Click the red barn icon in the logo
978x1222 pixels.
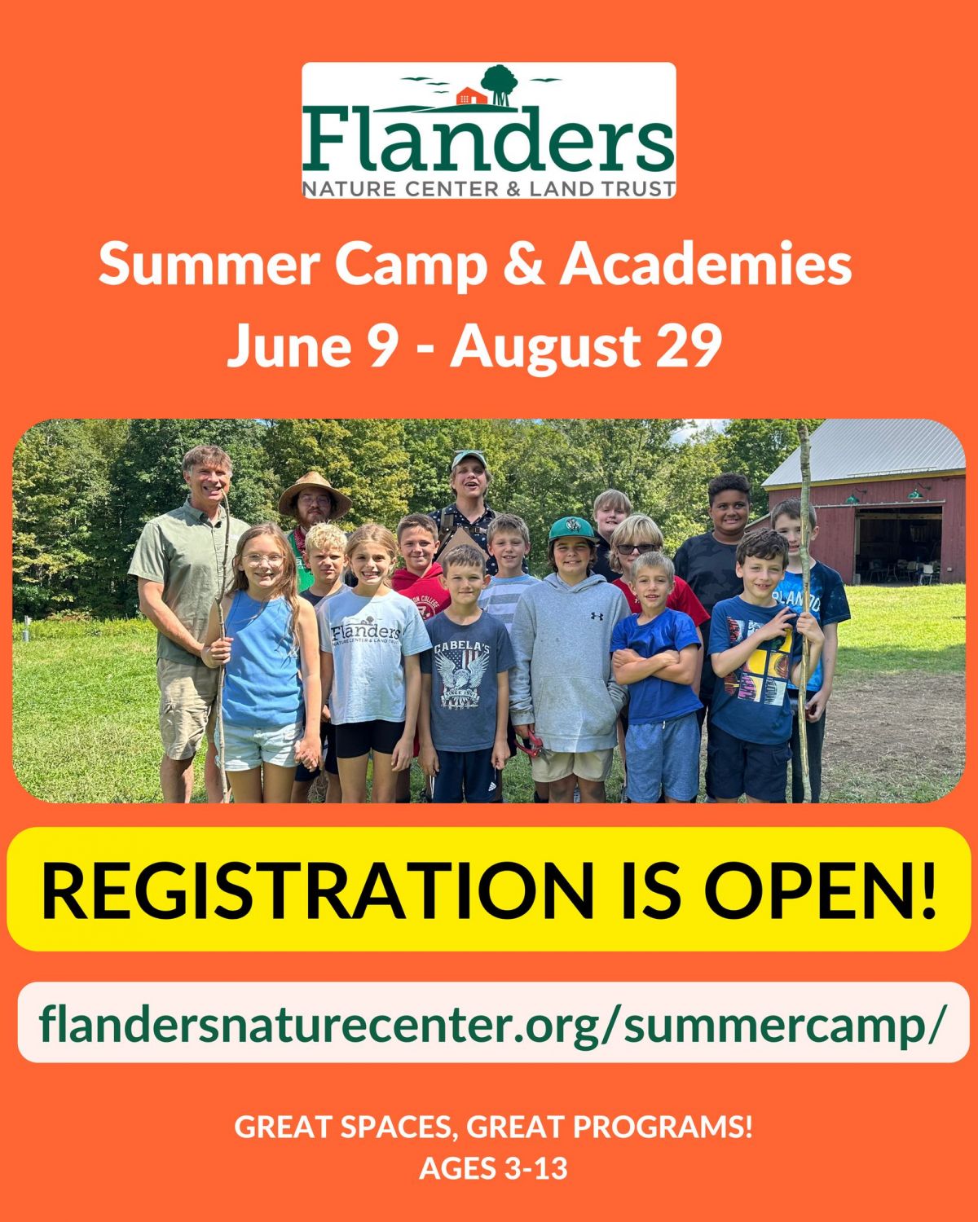(x=471, y=96)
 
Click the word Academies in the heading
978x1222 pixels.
(x=706, y=265)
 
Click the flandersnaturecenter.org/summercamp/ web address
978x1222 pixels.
(x=492, y=1023)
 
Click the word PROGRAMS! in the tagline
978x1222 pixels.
(x=663, y=1127)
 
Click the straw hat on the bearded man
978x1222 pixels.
(x=315, y=494)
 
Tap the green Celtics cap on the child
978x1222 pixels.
(x=571, y=529)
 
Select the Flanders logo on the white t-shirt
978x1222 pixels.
(x=366, y=632)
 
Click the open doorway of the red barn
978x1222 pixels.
(x=898, y=545)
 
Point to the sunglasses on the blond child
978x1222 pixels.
(x=637, y=548)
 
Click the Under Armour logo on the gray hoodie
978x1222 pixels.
(x=596, y=615)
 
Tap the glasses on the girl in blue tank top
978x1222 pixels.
(x=262, y=559)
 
